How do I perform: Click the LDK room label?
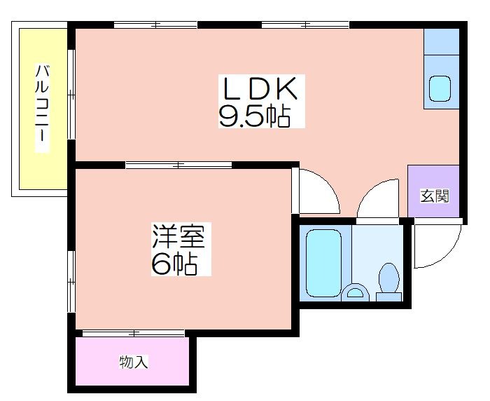(x=260, y=88)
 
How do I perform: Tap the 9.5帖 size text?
(x=255, y=116)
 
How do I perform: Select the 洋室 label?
(x=178, y=236)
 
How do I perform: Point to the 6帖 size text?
(x=174, y=263)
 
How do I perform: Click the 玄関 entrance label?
(x=435, y=196)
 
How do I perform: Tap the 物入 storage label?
(x=134, y=362)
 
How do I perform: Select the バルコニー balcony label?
(x=42, y=108)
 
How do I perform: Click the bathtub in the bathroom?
(x=323, y=263)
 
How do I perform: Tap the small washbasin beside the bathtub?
(x=355, y=293)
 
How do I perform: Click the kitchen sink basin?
(x=440, y=89)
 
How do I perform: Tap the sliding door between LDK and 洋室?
(x=178, y=165)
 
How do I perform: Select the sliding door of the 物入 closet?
(x=134, y=334)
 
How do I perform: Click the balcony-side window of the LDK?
(x=71, y=94)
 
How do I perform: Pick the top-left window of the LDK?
(x=155, y=25)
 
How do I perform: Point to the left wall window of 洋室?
(x=71, y=281)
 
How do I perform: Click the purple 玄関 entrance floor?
(x=433, y=191)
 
